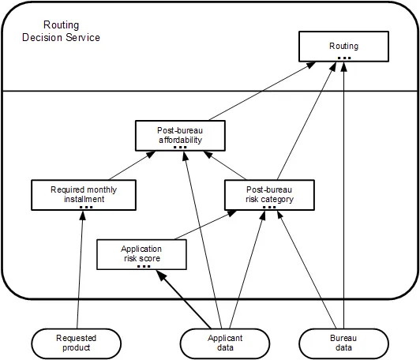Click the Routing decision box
(x=343, y=47)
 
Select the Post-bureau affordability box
(x=180, y=136)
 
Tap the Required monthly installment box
(x=84, y=195)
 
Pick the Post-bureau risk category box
(x=269, y=195)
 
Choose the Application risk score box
(x=141, y=254)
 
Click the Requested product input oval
(x=77, y=343)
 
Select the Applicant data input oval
(x=225, y=343)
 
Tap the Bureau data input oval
(x=343, y=343)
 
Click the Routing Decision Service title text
(x=61, y=31)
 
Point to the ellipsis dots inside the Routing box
(x=344, y=58)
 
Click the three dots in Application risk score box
(x=144, y=266)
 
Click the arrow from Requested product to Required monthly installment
(x=80, y=270)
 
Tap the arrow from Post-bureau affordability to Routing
(x=262, y=91)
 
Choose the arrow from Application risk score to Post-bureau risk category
(x=206, y=225)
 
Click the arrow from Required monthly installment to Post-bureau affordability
(x=133, y=165)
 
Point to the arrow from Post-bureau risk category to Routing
(x=306, y=121)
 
